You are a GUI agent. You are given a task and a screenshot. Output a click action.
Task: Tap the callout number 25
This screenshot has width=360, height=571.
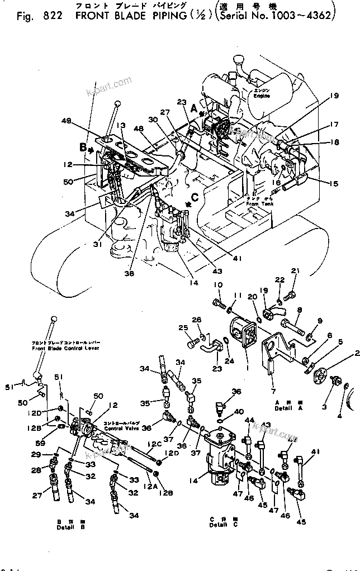(183, 327)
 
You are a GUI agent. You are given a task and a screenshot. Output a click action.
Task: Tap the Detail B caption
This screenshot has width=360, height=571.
(66, 524)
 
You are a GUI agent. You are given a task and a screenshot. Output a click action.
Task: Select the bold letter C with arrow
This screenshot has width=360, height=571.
(195, 197)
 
